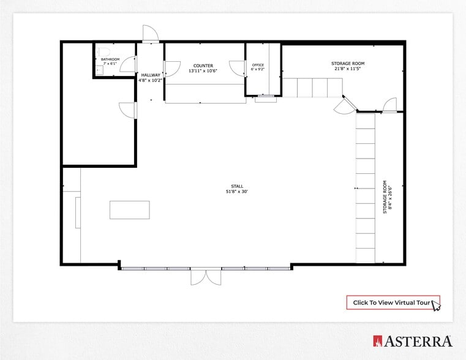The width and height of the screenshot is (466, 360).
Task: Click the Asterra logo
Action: (413, 341)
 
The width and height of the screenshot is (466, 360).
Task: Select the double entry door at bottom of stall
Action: (206, 277)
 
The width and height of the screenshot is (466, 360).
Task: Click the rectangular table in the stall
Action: (129, 209)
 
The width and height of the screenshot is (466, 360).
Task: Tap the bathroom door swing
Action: (129, 64)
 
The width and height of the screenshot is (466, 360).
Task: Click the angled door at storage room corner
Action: (344, 106)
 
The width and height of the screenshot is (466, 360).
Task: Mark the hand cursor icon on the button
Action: (436, 304)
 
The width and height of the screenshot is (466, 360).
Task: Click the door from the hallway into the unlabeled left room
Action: (129, 110)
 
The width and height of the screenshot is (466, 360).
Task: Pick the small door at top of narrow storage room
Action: (389, 105)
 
